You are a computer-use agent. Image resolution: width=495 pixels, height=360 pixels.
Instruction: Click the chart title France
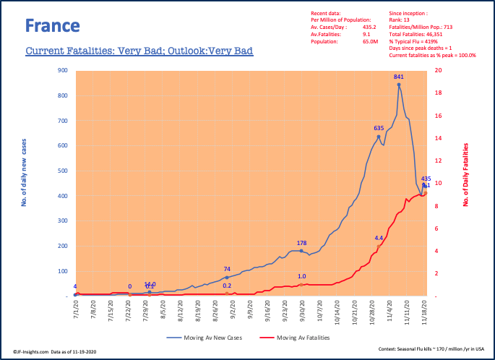point(52,26)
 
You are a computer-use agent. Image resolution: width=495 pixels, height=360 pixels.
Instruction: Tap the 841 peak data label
point(398,77)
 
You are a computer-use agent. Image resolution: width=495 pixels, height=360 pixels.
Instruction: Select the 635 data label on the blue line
point(378,128)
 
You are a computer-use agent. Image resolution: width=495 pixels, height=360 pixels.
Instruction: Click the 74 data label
point(227,269)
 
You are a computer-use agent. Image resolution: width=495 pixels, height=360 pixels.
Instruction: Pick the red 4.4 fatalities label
point(379,238)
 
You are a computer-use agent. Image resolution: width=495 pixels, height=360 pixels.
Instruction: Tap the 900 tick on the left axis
point(63,71)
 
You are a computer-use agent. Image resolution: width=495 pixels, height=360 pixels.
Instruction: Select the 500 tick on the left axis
point(63,171)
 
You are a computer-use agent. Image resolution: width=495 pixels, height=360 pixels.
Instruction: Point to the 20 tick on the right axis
point(439,71)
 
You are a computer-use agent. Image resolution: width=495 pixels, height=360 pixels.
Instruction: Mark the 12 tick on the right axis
point(439,160)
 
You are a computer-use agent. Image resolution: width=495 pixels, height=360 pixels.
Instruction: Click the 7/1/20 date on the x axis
point(74,311)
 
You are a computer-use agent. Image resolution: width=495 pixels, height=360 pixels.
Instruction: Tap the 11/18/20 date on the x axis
point(424,312)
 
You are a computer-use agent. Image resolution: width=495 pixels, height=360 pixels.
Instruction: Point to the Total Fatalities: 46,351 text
point(410,34)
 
